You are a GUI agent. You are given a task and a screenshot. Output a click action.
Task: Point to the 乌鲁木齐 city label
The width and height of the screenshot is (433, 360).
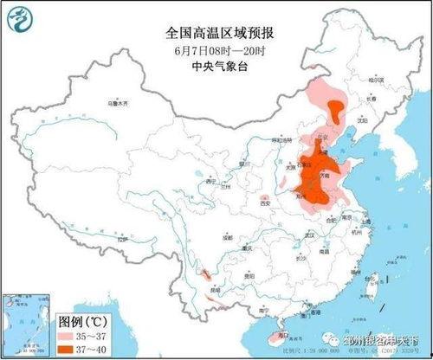(117, 102)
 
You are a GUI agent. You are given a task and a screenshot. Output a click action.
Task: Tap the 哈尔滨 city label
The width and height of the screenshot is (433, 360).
(375, 80)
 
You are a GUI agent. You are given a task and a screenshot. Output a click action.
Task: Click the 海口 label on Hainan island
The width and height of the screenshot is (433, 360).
(280, 334)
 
